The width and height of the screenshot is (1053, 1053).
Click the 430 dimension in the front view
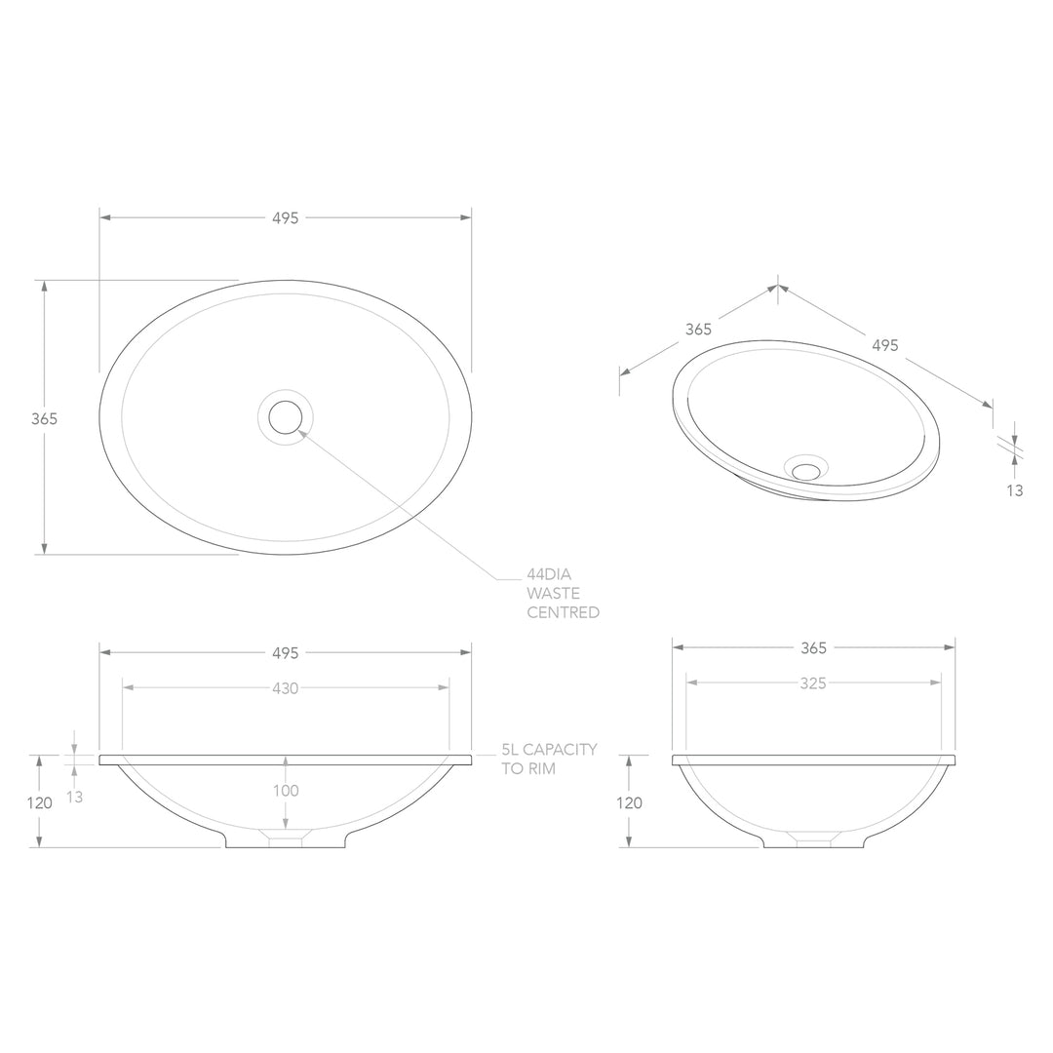(x=285, y=688)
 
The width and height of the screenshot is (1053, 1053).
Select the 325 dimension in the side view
(x=813, y=683)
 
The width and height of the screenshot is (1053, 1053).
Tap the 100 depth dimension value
(x=286, y=791)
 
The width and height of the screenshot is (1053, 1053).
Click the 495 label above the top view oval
(x=285, y=218)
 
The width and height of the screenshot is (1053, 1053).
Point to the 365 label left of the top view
(x=45, y=418)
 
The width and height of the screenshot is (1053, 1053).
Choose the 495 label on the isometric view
(x=884, y=345)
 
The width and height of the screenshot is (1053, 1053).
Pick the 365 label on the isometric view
(x=698, y=330)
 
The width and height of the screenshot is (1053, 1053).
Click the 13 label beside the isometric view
(x=1015, y=490)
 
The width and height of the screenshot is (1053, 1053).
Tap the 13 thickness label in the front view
(x=75, y=797)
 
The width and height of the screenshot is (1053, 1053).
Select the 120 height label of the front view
(x=39, y=803)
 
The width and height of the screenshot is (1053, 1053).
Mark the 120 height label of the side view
(x=629, y=803)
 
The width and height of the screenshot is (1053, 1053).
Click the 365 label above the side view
(x=813, y=647)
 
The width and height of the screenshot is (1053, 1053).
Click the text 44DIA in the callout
(x=549, y=575)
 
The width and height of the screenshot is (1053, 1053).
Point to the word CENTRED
(x=563, y=612)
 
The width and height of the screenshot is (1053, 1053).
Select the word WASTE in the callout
(x=553, y=594)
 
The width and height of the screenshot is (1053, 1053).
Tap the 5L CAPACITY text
(x=549, y=750)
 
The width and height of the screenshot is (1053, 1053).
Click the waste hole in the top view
(x=286, y=417)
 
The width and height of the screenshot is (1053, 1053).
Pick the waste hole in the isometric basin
(x=806, y=471)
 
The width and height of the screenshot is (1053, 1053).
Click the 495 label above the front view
(x=285, y=652)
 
